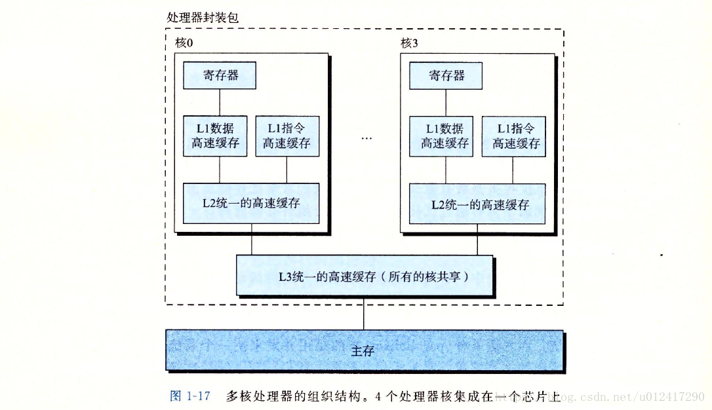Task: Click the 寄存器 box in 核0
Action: [x=220, y=75]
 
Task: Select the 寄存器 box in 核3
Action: [x=446, y=75]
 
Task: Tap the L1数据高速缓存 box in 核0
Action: [x=215, y=136]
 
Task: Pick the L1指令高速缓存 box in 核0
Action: [x=287, y=136]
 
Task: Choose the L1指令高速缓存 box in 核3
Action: [x=516, y=136]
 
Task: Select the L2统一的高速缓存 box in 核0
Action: [x=251, y=203]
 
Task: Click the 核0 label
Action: [x=184, y=43]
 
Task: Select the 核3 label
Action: [x=410, y=43]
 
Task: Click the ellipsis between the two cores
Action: [x=366, y=140]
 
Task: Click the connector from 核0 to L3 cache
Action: [x=252, y=243]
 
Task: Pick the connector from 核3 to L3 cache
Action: [x=478, y=243]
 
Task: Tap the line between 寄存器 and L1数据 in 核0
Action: [x=220, y=102]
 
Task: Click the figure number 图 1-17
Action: [x=189, y=396]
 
